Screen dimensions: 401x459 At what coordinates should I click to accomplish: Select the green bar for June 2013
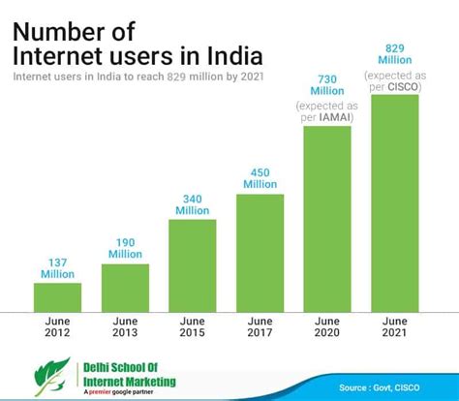click(x=126, y=288)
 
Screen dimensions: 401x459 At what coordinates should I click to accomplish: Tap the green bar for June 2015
click(x=193, y=265)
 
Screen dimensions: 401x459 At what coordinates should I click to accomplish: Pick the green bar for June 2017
click(x=260, y=253)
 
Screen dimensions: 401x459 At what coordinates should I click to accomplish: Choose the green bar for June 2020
click(x=328, y=219)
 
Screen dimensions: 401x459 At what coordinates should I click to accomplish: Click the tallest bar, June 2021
click(x=395, y=203)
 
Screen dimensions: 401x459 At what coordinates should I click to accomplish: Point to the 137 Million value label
click(x=58, y=267)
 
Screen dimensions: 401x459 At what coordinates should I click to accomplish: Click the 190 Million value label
click(x=126, y=248)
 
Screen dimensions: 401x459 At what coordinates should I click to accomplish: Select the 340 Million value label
click(x=193, y=203)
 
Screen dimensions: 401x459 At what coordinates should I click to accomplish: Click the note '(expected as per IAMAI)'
click(x=328, y=111)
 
